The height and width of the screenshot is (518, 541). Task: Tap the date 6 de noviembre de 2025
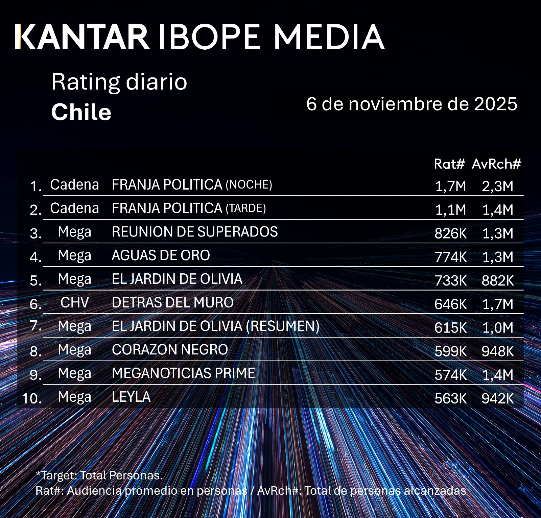[411, 104]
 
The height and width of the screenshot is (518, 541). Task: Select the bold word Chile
[81, 112]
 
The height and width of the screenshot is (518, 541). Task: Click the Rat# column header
[449, 164]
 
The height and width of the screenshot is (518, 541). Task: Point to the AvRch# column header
[496, 164]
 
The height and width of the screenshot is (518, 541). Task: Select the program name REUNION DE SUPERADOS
[195, 232]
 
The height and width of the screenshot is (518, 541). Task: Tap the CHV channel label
[74, 302]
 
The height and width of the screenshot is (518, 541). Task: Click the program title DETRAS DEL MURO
[172, 302]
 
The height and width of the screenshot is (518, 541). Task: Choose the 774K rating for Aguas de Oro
[450, 257]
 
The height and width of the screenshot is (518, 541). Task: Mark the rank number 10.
[32, 398]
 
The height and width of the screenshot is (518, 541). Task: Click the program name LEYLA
[131, 397]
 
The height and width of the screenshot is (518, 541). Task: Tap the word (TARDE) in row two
[245, 208]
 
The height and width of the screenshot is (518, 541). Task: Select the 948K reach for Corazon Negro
[498, 351]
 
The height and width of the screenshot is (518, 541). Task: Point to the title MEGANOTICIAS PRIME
[183, 373]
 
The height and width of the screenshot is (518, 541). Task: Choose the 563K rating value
[450, 399]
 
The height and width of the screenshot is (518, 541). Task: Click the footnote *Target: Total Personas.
[99, 475]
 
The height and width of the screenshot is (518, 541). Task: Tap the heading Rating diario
[119, 82]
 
